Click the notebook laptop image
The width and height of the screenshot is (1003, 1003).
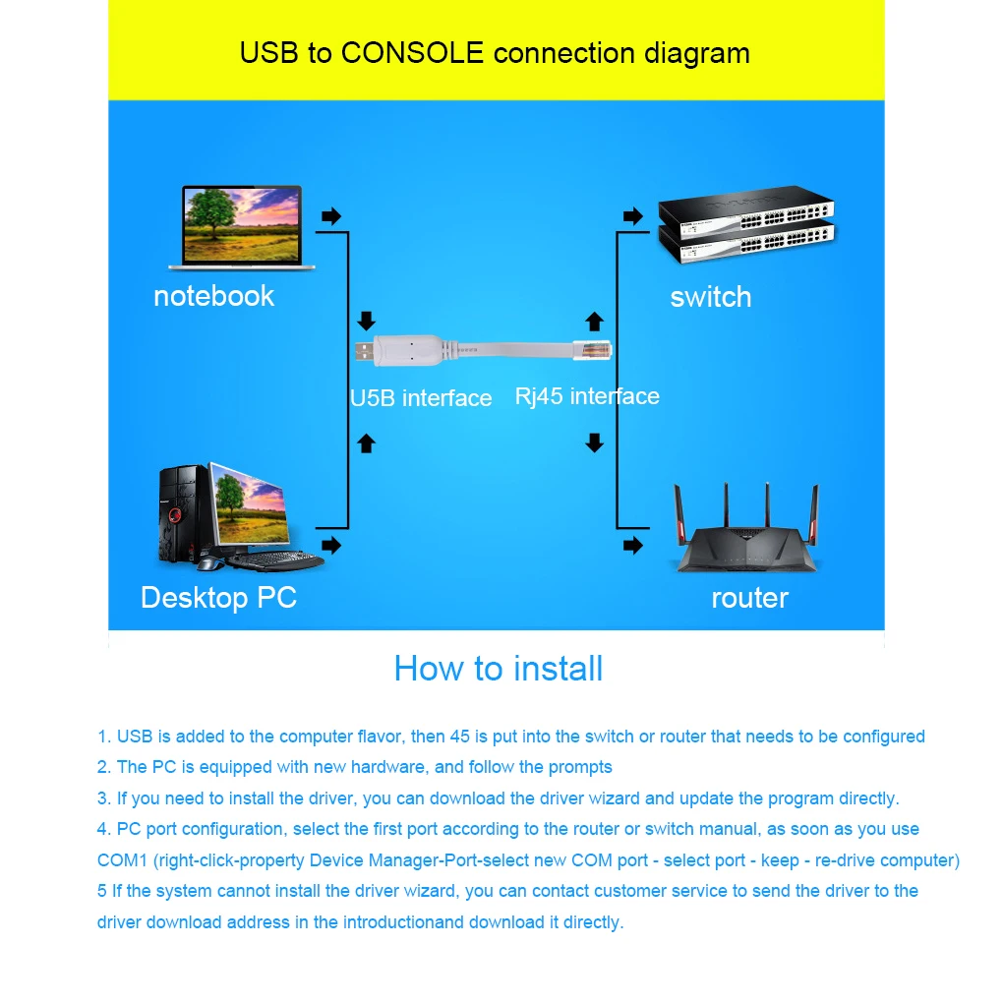pos(241,227)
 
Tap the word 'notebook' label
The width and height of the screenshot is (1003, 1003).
pos(213,296)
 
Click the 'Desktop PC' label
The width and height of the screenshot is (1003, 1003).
pos(218,598)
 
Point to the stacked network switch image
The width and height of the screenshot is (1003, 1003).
pos(745,229)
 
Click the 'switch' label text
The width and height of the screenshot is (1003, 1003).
pos(710,297)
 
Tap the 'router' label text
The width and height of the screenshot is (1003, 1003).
pos(749,598)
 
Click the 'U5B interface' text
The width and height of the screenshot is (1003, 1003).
pos(421,398)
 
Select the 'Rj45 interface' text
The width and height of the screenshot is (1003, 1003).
pos(587,396)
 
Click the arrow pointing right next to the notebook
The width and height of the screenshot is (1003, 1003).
pos(332,216)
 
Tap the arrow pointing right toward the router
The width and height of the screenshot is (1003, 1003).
pos(633,545)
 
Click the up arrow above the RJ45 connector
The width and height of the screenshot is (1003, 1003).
pos(594,322)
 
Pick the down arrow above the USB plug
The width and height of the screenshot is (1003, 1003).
pos(367,321)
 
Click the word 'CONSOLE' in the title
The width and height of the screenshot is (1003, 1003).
pos(413,52)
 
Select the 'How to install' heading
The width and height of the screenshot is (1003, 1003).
pos(498,669)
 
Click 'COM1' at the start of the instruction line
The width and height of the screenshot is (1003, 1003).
pos(122,860)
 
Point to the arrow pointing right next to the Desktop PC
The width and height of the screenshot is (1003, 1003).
pos(332,544)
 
